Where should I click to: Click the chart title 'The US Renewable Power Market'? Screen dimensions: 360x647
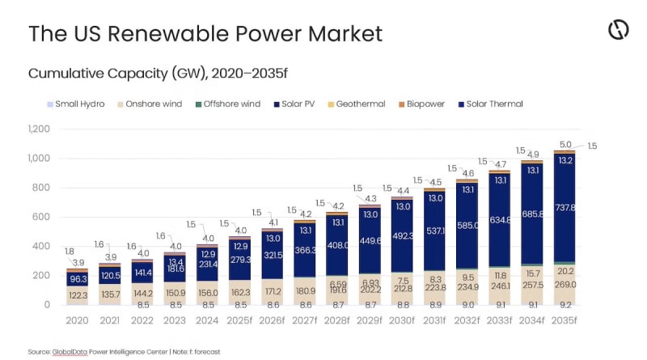[x=205, y=33]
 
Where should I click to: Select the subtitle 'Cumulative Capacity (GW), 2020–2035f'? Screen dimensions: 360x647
[x=159, y=73]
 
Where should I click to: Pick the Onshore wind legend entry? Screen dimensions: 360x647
[x=150, y=104]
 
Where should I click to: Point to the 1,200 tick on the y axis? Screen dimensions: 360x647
[x=39, y=129]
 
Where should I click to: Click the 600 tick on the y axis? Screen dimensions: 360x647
[x=42, y=217]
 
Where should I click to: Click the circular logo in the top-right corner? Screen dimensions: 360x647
[x=618, y=30]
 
